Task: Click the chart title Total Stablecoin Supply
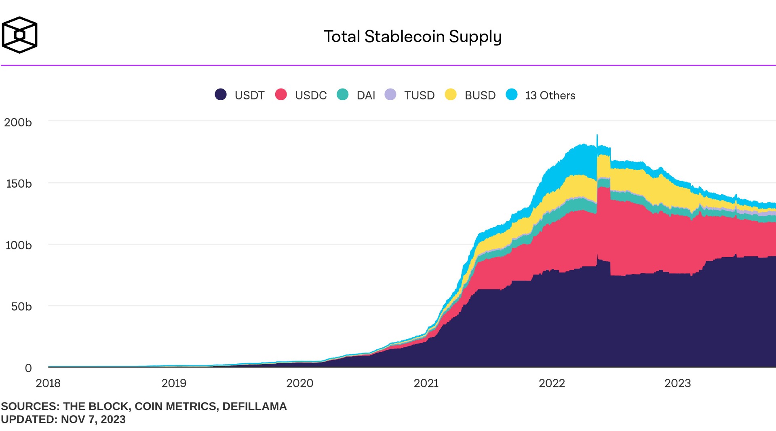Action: tap(412, 36)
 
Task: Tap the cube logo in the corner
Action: tap(19, 35)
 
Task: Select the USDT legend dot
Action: tap(221, 95)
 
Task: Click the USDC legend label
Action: tap(310, 95)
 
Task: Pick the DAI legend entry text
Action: tap(366, 95)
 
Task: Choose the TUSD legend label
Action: tap(419, 95)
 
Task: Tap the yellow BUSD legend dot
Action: tap(450, 95)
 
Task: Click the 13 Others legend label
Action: tap(550, 95)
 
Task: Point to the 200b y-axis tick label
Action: tap(18, 123)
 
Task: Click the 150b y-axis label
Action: tap(19, 184)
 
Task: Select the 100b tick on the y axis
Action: tap(19, 245)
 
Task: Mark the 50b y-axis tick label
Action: tap(21, 306)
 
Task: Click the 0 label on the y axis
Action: tap(28, 368)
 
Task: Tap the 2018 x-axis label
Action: tap(48, 383)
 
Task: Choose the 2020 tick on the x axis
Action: tap(299, 383)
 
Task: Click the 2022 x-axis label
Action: tap(552, 383)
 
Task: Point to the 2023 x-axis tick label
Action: tap(677, 383)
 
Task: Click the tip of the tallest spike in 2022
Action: tap(597, 135)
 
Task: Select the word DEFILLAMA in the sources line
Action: tap(254, 406)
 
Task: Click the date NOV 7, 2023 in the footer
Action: tap(93, 419)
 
